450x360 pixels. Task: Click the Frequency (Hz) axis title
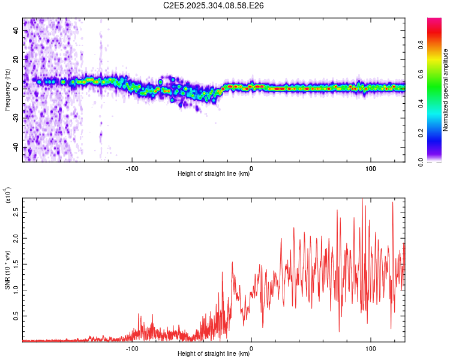pos(7,90)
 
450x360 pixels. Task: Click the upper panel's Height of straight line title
pos(214,174)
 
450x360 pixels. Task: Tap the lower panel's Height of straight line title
pos(214,354)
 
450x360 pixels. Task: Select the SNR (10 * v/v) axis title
pos(7,269)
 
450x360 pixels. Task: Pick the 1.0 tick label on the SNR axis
pos(16,290)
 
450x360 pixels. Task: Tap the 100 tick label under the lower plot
pos(371,347)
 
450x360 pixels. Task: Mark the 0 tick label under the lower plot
pos(251,347)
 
